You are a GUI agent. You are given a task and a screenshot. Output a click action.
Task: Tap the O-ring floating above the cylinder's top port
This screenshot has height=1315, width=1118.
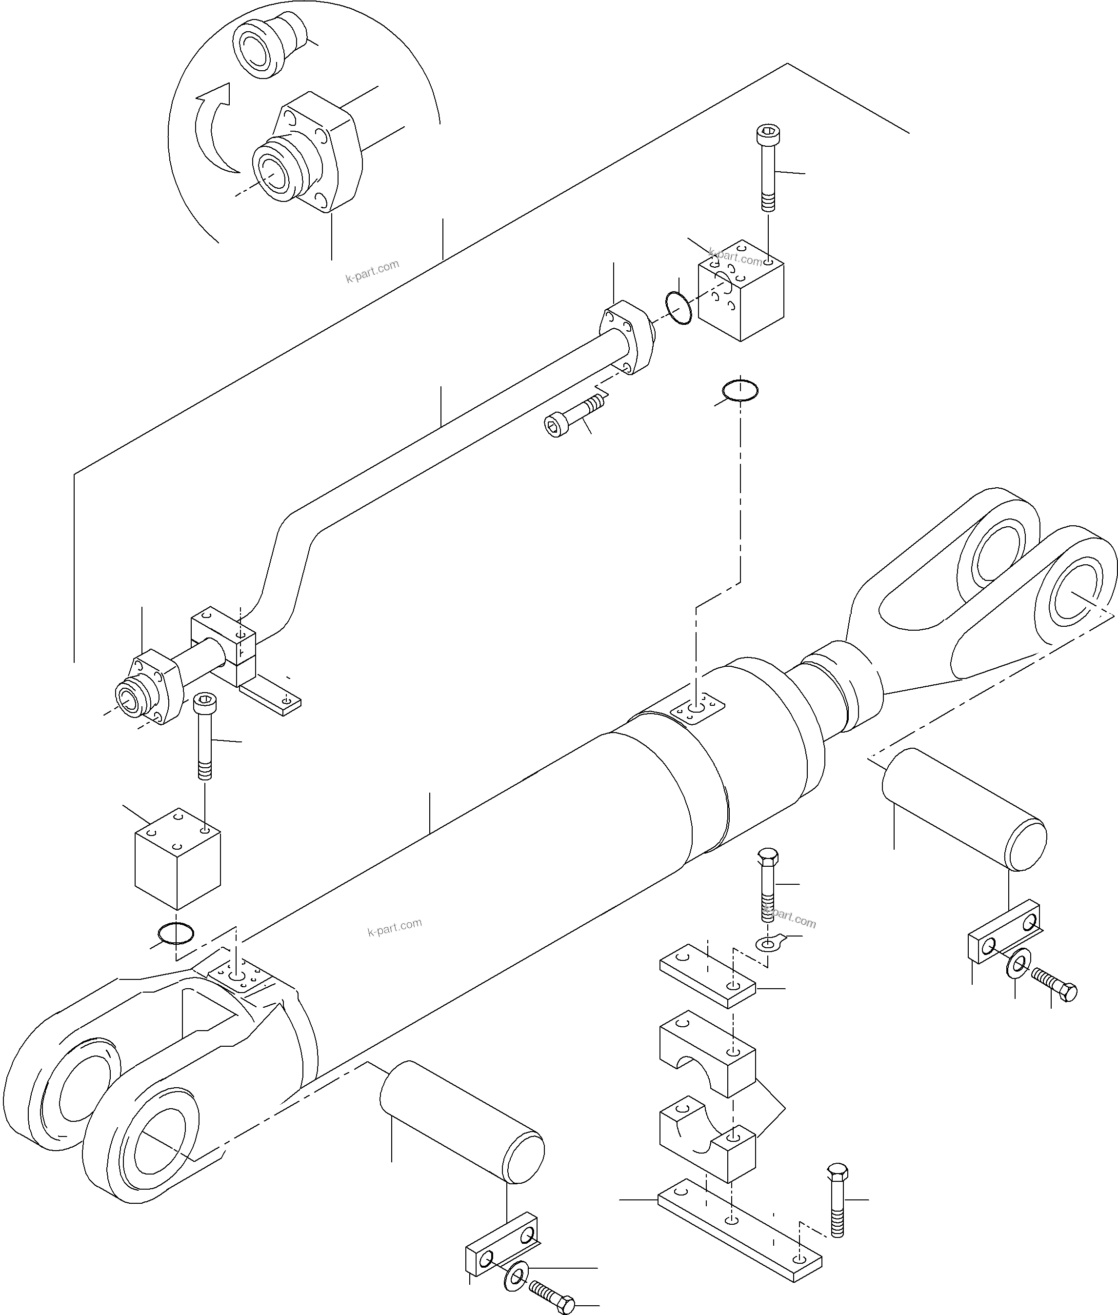coord(739,391)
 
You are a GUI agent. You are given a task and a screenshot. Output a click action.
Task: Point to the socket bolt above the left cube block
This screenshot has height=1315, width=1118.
coord(204,735)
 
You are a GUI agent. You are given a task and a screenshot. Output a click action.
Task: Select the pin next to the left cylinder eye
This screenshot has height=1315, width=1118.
coord(461,1122)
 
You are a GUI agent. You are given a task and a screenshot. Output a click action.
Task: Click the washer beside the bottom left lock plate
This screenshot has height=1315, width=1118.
coord(517,1275)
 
